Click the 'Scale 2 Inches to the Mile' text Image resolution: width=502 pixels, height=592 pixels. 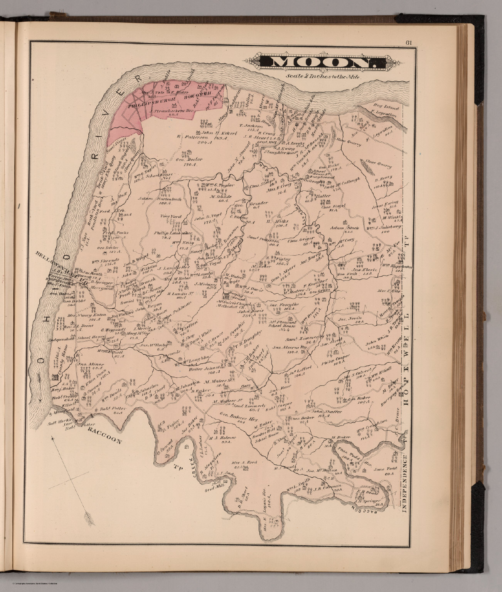pos(323,76)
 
